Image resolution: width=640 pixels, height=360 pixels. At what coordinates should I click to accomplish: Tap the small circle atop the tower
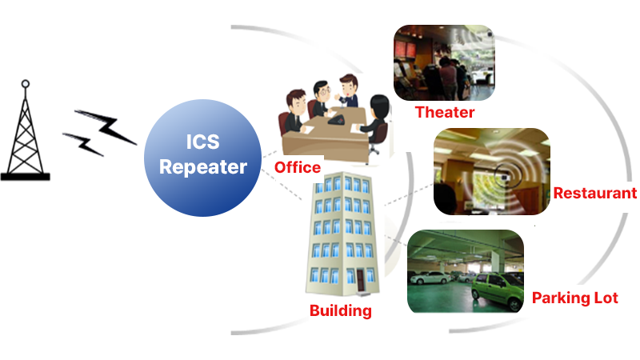coord(26,84)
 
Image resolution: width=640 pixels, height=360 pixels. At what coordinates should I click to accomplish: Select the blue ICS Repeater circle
coord(203,158)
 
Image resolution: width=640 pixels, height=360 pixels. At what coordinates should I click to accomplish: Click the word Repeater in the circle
coord(203,167)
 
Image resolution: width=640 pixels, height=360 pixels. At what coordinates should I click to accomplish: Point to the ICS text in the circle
coord(203,142)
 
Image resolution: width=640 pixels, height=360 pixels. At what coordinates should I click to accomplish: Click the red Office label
coord(298,167)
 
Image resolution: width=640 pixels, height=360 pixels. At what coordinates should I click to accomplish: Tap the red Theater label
coord(445,112)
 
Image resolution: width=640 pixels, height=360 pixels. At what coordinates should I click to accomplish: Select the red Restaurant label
coord(595,193)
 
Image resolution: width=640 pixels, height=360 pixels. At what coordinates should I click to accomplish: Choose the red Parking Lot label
coord(575,298)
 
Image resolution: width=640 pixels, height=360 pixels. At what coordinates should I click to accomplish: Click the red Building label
coord(341,310)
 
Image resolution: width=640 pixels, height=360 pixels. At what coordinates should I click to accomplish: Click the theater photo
coord(444,62)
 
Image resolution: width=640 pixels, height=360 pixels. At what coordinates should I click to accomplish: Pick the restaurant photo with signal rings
coord(492,171)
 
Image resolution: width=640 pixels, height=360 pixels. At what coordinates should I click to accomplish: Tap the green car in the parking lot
coord(497,291)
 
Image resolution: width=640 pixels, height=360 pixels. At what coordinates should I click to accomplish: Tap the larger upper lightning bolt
coord(106,126)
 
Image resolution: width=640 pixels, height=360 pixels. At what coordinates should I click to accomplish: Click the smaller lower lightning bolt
coord(83,144)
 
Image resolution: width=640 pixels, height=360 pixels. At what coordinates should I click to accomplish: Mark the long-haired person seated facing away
coord(378,122)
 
